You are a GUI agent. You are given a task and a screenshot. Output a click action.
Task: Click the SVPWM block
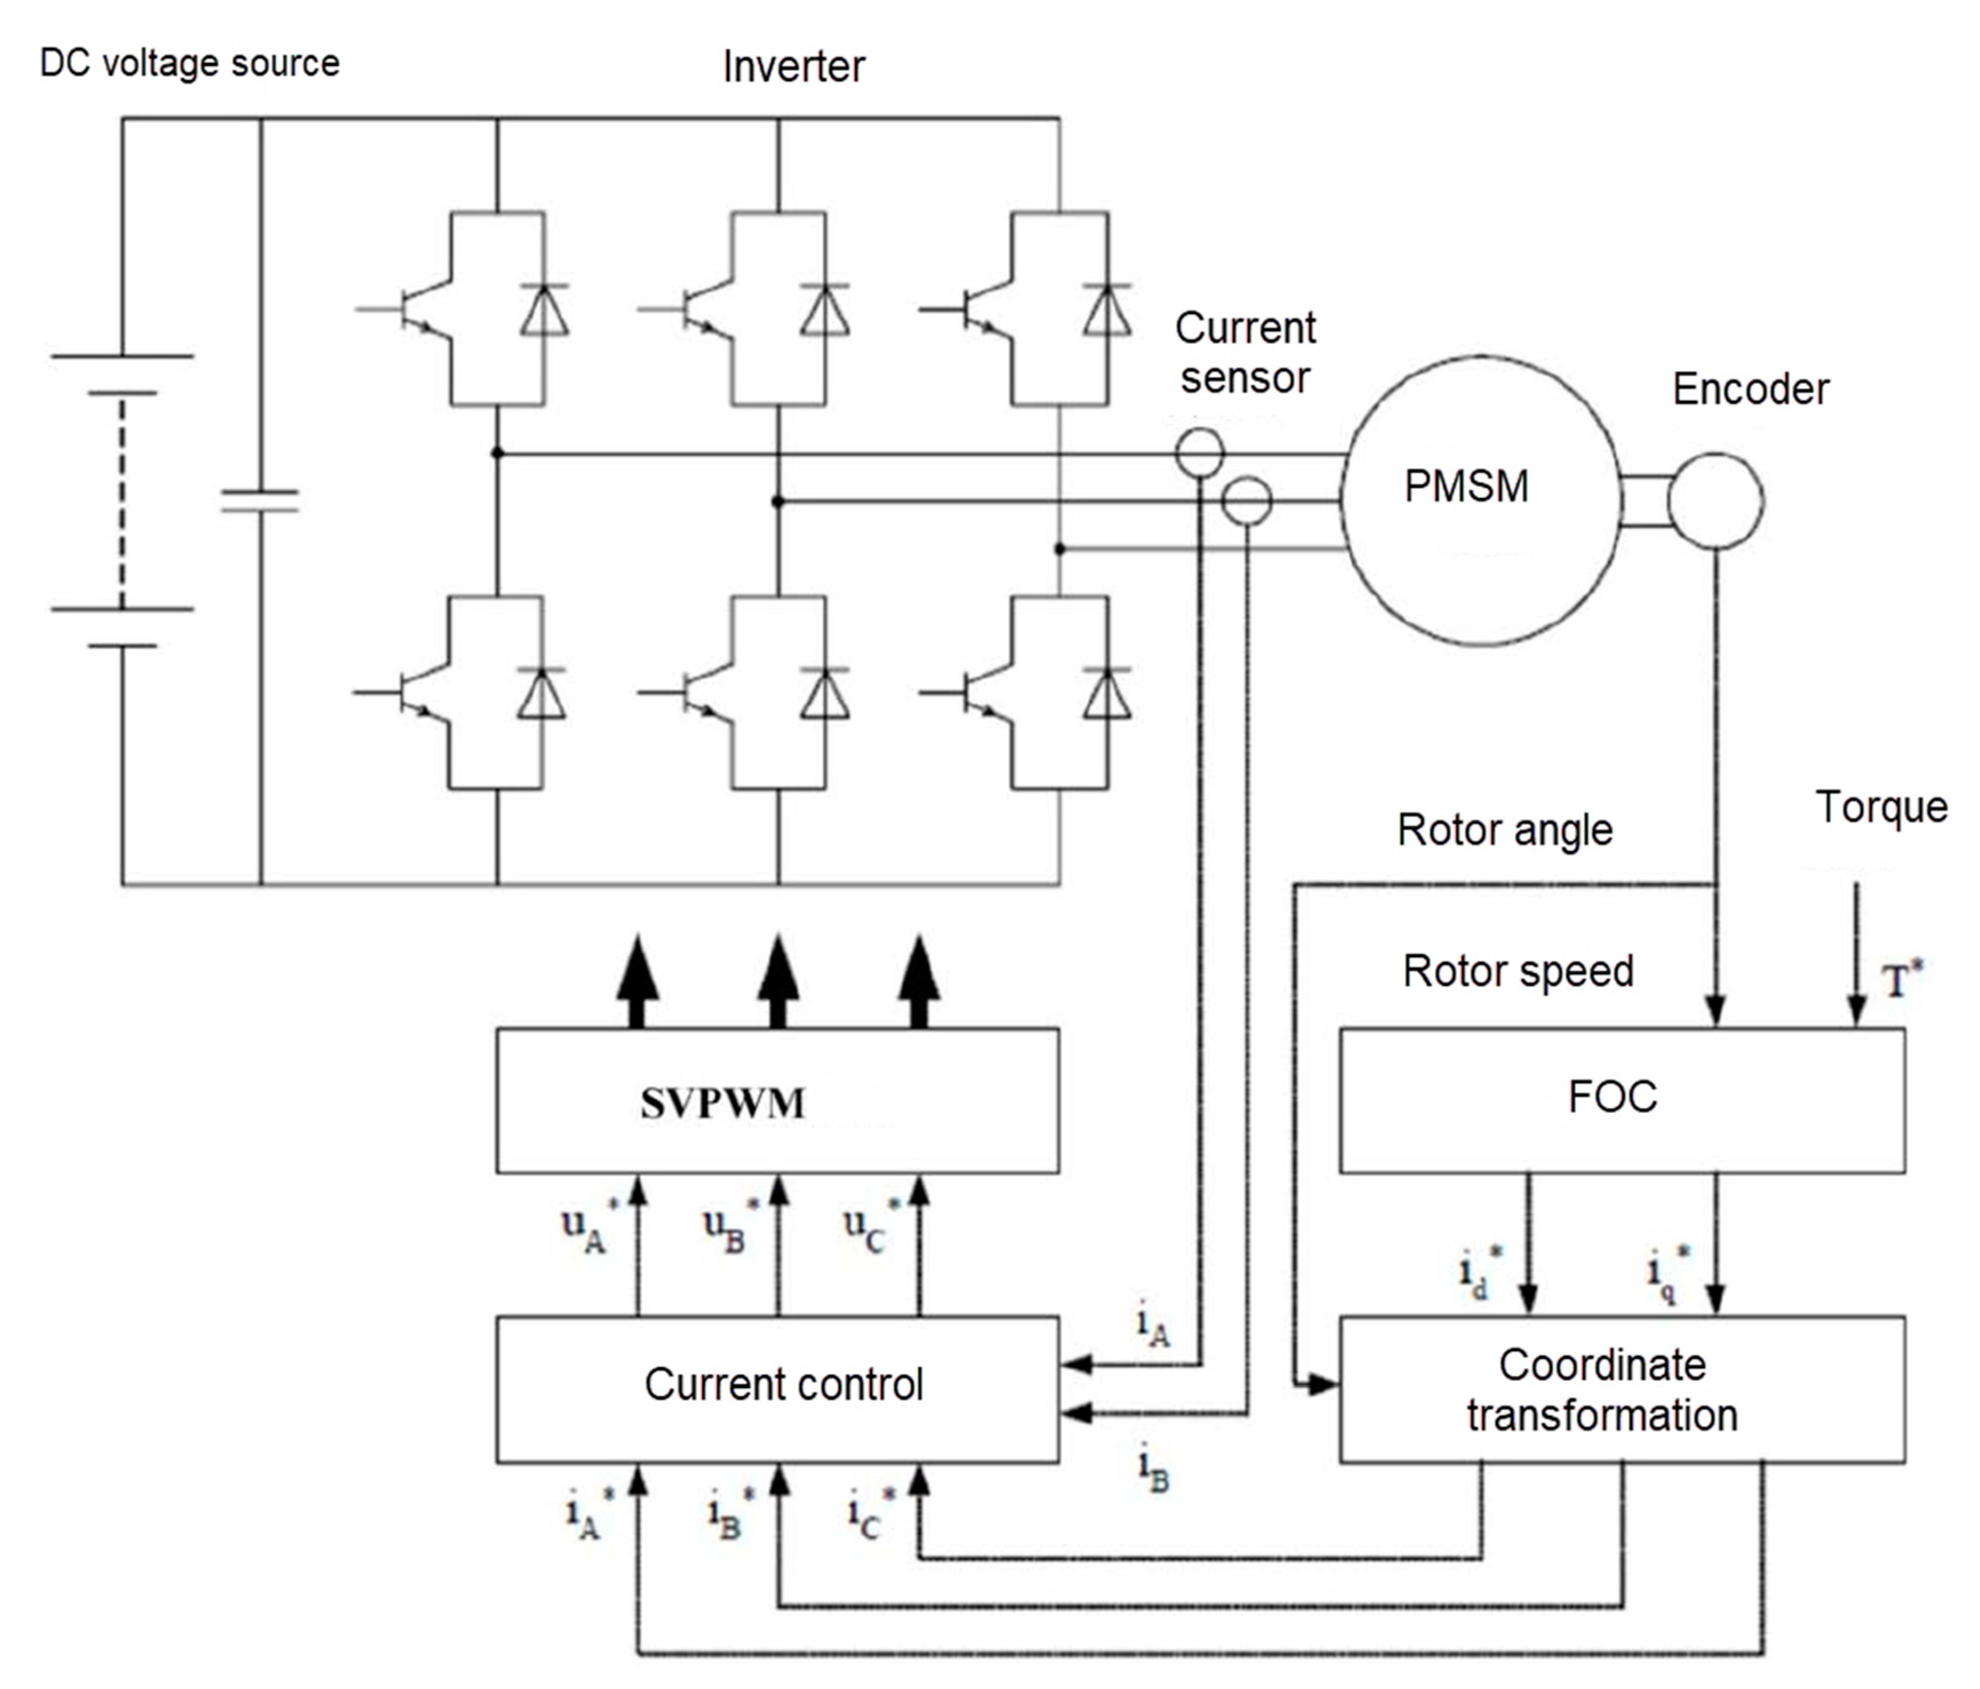pos(777,1101)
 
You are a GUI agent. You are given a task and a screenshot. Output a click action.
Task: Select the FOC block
pos(1622,1098)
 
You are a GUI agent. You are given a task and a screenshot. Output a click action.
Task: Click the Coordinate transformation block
pos(1622,1390)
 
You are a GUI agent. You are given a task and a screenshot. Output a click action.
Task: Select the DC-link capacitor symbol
pos(260,501)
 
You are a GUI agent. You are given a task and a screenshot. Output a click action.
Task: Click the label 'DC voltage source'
pos(189,63)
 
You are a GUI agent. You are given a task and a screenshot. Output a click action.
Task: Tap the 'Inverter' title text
pos(793,67)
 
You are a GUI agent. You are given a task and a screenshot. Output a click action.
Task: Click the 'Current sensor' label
pos(1244,353)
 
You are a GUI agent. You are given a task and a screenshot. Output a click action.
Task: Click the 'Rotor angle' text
pos(1504,829)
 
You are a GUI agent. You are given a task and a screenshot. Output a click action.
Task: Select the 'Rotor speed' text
pos(1518,971)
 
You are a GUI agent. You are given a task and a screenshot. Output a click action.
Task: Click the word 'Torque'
pos(1880,807)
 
